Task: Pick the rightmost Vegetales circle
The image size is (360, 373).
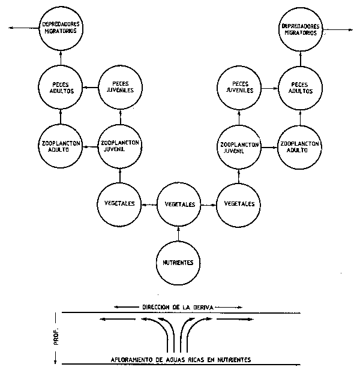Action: coord(239,204)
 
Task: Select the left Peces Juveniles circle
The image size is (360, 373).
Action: coord(119,88)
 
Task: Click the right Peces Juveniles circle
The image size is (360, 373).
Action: coord(239,88)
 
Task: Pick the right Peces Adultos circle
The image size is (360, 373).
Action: coord(299,88)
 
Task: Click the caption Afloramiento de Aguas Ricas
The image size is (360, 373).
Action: coord(179,359)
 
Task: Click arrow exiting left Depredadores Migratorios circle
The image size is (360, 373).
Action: coord(24,28)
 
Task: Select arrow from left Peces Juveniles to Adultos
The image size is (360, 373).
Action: coord(89,88)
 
